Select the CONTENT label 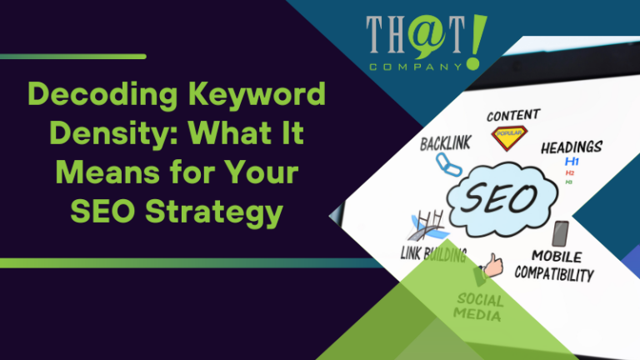(x=512, y=114)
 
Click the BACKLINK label (x=446, y=144)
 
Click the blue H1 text (x=572, y=161)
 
